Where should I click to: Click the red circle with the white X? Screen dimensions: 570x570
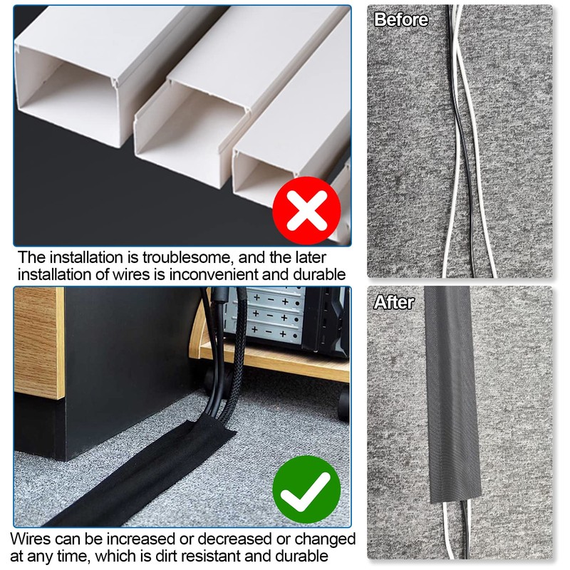click(307, 211)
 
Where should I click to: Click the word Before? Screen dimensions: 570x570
click(401, 19)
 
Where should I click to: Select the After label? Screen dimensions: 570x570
click(394, 302)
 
